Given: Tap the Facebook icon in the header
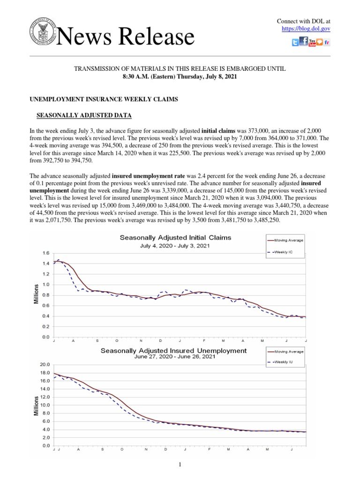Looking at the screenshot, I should coord(303,42).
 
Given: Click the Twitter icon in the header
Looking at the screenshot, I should coord(295,43).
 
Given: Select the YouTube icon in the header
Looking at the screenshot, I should coord(312,43).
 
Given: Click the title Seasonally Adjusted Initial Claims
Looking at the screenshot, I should coord(175,238).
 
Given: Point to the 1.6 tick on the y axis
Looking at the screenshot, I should coord(46,253).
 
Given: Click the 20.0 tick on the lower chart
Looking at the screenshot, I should coord(45,365).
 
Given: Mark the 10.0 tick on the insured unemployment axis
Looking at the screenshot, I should coord(45,405).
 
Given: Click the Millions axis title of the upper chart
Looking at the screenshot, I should coord(36,293).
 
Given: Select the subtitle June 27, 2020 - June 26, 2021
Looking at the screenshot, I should coord(174,357).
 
